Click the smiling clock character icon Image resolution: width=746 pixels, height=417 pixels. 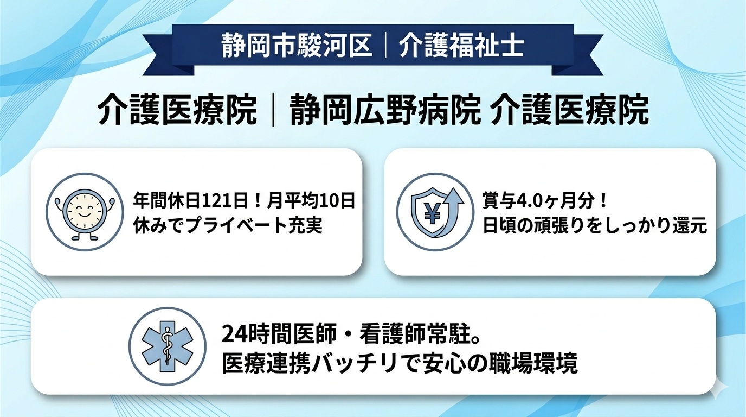tap(81, 212)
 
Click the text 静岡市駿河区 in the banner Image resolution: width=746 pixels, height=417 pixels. tap(298, 46)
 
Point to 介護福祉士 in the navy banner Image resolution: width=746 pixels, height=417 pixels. tap(461, 46)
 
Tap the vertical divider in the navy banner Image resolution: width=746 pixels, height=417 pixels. tap(385, 46)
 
